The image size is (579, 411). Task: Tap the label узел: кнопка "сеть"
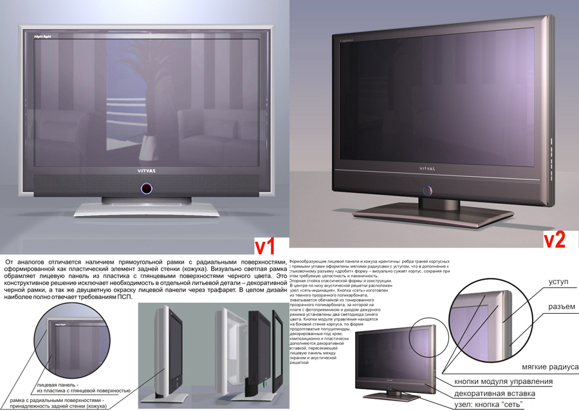(488, 404)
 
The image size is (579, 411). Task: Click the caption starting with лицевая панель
(84, 387)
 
